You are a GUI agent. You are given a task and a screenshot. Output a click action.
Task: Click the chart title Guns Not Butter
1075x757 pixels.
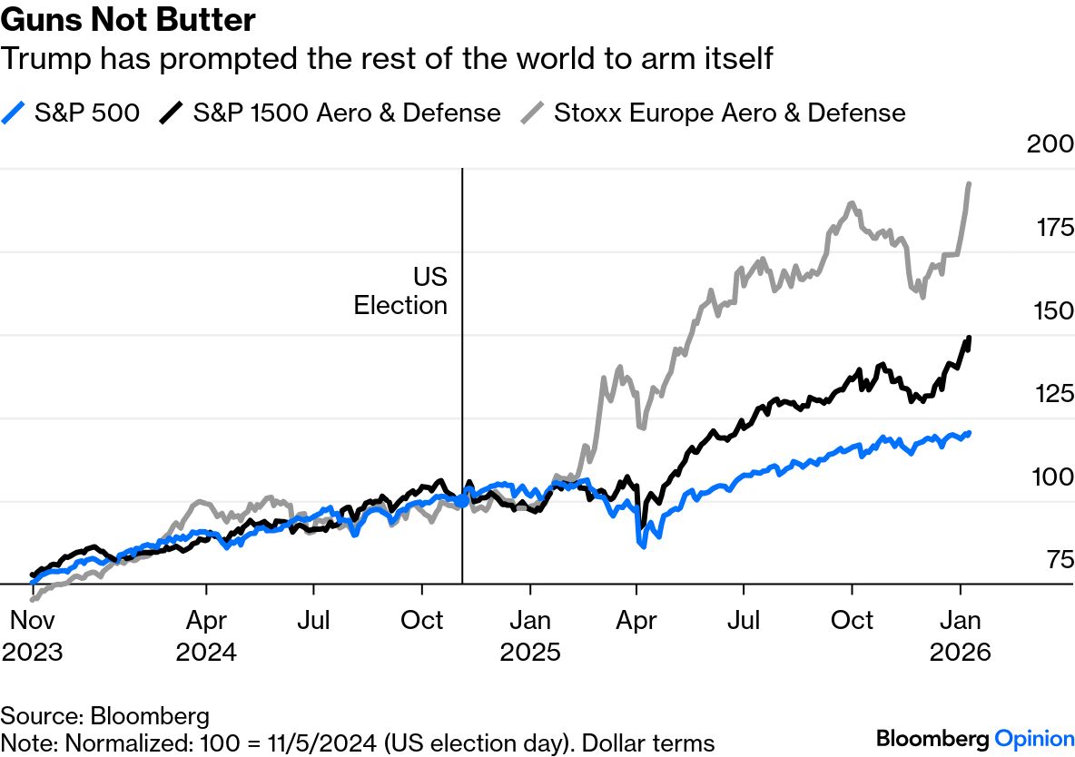(128, 20)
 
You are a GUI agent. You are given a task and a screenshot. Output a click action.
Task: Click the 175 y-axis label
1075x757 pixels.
(1054, 227)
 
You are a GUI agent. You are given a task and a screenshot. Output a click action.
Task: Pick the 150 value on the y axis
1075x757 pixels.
(1054, 310)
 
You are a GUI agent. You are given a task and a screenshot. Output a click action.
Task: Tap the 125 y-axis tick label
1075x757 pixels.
(1054, 394)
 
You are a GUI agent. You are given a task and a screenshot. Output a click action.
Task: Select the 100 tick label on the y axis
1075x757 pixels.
(1054, 477)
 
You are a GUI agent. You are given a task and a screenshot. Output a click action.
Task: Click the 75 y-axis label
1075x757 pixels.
(1060, 560)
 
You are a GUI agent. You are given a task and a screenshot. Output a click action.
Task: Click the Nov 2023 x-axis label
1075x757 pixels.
(33, 635)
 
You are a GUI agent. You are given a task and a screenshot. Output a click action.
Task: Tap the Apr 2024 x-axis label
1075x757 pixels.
(206, 635)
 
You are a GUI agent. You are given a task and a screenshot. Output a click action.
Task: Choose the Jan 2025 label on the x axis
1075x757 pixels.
(530, 635)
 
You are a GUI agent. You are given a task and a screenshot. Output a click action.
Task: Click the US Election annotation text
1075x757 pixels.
(401, 290)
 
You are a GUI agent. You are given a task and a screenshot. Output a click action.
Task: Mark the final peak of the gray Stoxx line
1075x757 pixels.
(969, 184)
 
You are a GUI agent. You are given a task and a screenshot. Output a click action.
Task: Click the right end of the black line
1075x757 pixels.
(970, 339)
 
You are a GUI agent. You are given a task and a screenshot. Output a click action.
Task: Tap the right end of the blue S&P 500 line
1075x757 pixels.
(970, 433)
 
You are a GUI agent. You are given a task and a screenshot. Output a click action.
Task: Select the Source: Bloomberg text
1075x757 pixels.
(105, 714)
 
